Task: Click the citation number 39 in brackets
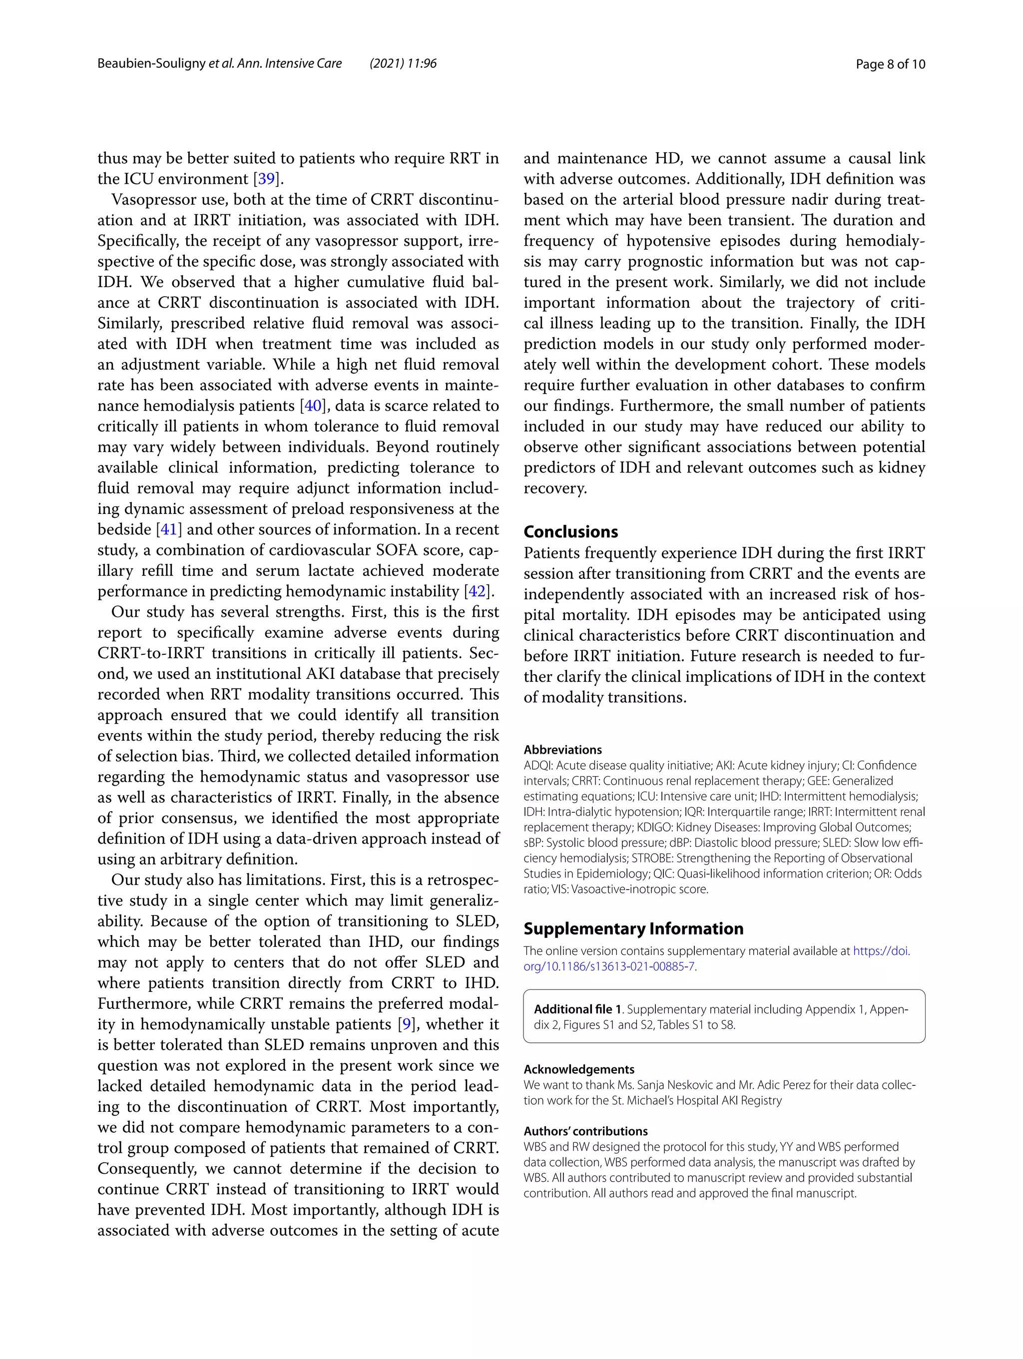(266, 179)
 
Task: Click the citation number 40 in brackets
(313, 406)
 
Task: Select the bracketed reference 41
(169, 529)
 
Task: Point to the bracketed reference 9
(406, 1024)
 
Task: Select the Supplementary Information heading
(633, 928)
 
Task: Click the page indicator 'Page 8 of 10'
(890, 64)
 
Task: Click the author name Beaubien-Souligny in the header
(151, 64)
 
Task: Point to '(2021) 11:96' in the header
(403, 64)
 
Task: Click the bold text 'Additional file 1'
(577, 1009)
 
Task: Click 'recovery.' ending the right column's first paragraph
(555, 488)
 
